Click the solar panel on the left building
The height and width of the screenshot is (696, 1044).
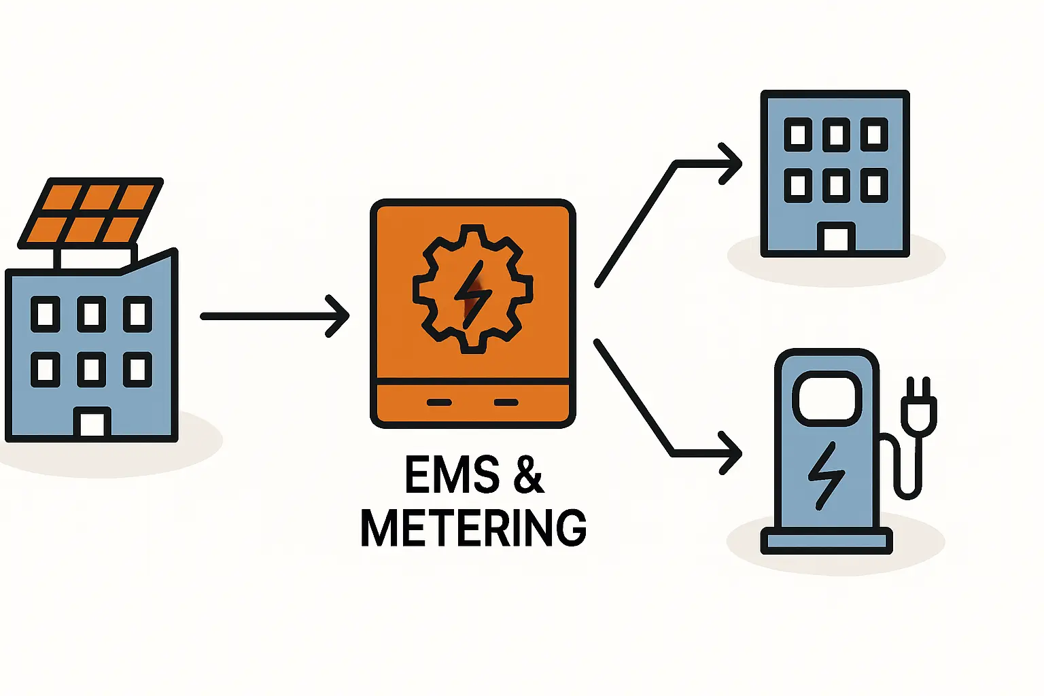90,213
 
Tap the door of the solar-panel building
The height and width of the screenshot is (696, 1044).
92,423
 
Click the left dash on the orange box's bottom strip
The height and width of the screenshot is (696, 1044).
439,402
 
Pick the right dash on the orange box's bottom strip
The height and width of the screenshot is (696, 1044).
506,402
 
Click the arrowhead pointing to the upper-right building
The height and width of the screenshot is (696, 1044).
731,164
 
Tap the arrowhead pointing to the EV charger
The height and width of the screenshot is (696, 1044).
731,453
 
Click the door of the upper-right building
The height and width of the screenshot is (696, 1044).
836,239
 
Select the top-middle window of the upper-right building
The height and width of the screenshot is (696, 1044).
836,135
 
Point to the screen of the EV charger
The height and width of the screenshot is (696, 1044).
826,398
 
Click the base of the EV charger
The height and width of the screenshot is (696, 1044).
826,541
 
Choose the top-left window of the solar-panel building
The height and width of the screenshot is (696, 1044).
46,314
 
